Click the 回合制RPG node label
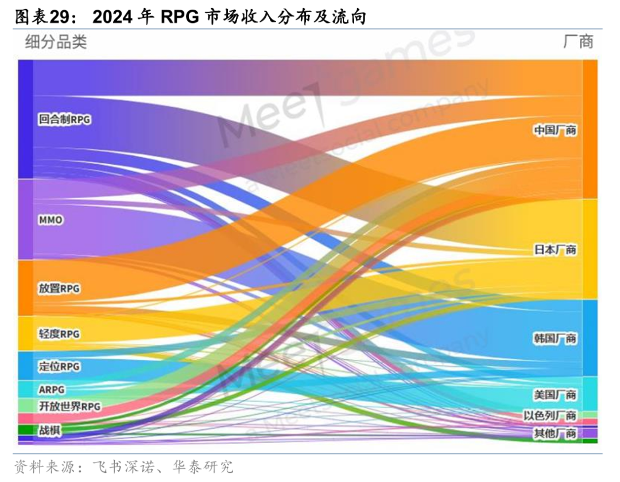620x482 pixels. click(x=64, y=120)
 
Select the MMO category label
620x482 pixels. click(x=50, y=220)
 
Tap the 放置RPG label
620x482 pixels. click(x=59, y=288)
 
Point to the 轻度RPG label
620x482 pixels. click(x=59, y=333)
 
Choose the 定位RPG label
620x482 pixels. click(x=59, y=366)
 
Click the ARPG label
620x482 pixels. click(x=52, y=390)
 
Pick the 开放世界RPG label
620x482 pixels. click(x=69, y=407)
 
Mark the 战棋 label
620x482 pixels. click(x=49, y=430)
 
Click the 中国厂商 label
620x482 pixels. click(x=555, y=131)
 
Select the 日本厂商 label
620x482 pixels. click(x=555, y=250)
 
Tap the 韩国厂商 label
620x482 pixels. click(x=555, y=339)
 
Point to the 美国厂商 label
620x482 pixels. click(x=555, y=395)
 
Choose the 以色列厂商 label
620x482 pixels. click(x=549, y=415)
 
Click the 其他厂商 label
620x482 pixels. click(x=555, y=433)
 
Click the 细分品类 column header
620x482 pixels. click(x=56, y=42)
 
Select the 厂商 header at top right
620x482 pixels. click(x=578, y=42)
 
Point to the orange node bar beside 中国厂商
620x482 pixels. click(x=590, y=129)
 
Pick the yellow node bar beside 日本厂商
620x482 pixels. click(x=590, y=249)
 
